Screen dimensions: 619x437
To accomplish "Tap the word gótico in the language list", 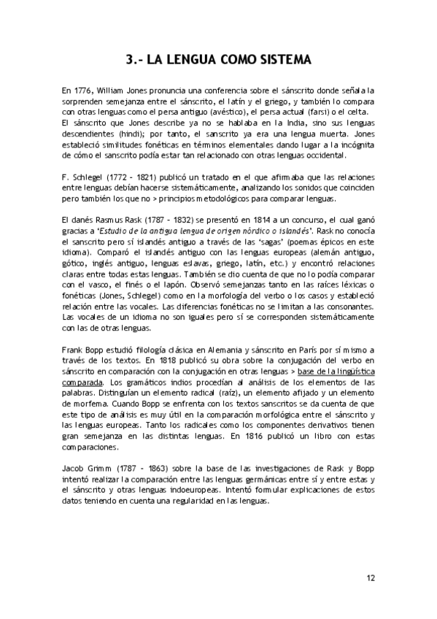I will point(74,266).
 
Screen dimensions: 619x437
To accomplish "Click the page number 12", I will point(371,577).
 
